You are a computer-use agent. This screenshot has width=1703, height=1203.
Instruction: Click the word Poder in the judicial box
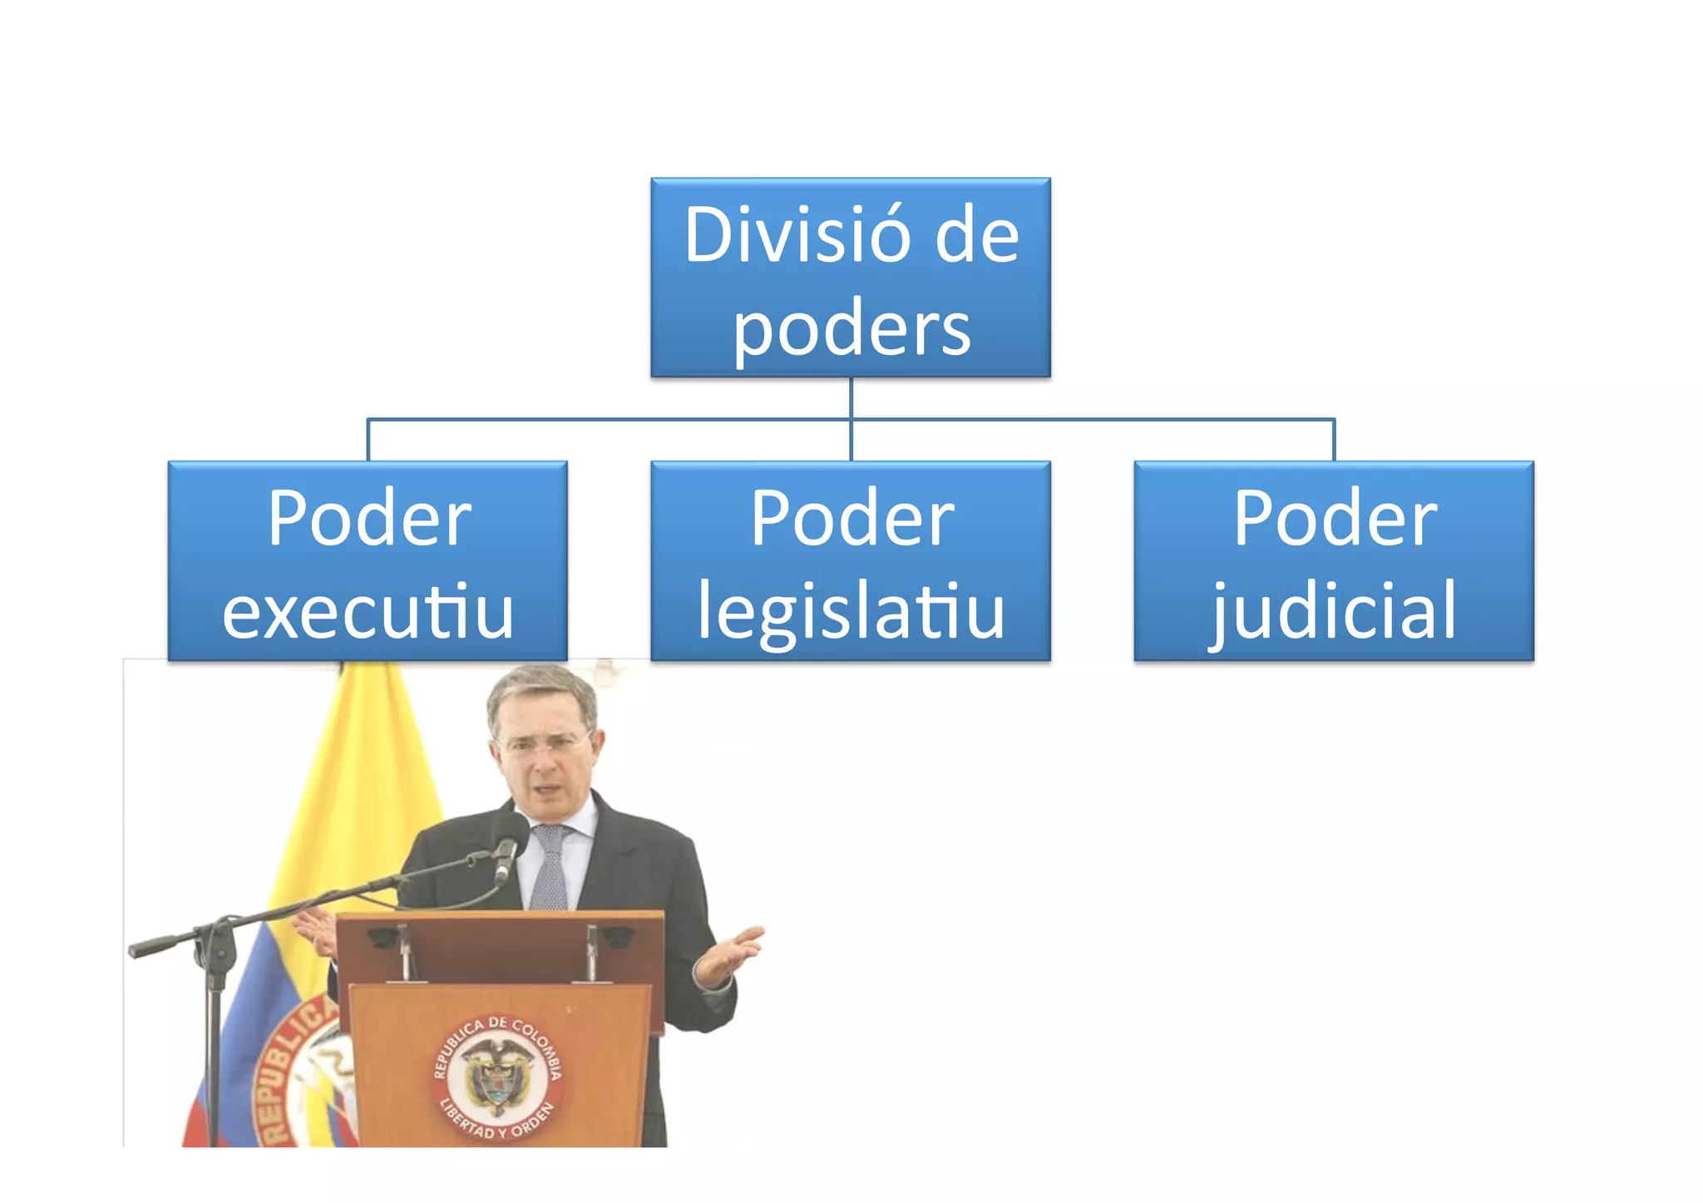(1334, 520)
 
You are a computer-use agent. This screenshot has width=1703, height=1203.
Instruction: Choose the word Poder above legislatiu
(851, 520)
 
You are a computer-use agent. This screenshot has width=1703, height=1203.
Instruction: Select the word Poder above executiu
(369, 520)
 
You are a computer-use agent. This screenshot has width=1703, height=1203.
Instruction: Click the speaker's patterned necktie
(550, 869)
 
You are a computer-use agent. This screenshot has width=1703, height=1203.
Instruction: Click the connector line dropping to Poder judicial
(1334, 441)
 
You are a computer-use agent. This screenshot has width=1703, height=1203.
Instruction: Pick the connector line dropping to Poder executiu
(368, 441)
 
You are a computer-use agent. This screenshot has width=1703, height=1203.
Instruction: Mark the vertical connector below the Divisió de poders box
(851, 398)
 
